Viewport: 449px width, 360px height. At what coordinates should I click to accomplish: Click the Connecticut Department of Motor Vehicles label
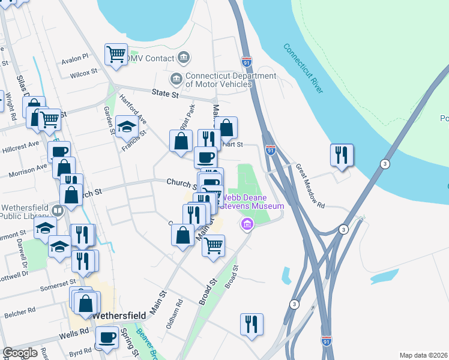(x=218, y=80)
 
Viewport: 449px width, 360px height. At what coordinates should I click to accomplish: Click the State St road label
(x=166, y=94)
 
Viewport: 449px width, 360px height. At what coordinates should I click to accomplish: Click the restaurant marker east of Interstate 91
(x=342, y=155)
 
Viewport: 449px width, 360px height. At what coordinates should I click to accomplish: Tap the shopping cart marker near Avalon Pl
(x=116, y=54)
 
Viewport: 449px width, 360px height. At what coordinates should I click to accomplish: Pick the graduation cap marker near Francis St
(x=127, y=127)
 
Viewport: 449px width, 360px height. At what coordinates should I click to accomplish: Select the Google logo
(x=20, y=353)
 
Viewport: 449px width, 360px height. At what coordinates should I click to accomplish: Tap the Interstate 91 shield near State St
(x=247, y=62)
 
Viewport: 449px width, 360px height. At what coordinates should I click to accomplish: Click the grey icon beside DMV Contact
(x=184, y=58)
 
